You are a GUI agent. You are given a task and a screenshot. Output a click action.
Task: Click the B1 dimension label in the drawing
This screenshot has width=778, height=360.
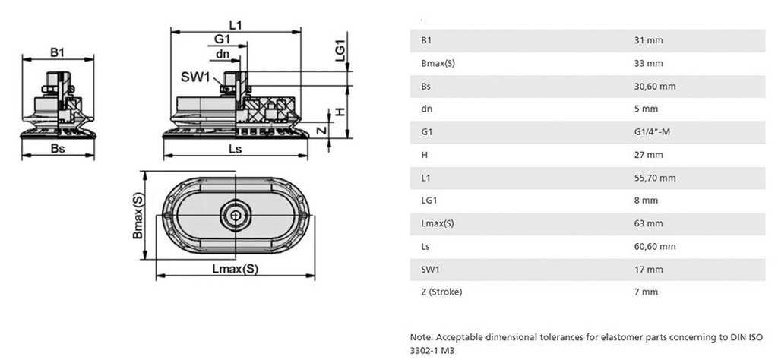point(57,52)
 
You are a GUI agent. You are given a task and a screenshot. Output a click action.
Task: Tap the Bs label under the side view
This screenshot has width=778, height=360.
point(56,149)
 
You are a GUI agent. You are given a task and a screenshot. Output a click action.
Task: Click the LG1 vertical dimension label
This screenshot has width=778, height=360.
point(340,49)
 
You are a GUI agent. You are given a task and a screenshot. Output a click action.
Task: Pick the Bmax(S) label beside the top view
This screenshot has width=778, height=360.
point(138,215)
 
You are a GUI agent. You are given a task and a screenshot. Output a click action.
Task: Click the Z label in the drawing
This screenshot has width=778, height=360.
point(321,130)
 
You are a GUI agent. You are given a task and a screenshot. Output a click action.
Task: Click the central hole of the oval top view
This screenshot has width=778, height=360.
point(234,215)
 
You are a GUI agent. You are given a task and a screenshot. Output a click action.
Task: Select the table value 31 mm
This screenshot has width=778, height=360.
point(648,40)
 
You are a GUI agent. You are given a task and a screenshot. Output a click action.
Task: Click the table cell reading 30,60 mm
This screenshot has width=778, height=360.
point(654,87)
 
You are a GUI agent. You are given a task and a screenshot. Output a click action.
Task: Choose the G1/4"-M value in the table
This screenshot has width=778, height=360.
point(652,132)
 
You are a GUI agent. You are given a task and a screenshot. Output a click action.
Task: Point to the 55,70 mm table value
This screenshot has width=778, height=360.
point(654,178)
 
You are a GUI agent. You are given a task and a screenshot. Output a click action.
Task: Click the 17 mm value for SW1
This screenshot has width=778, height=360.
point(648,269)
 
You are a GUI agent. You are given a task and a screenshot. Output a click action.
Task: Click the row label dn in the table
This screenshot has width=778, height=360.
point(425,109)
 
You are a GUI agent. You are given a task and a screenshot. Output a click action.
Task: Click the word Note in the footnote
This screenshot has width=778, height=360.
point(420,336)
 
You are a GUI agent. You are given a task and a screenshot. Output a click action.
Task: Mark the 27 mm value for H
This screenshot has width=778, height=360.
point(648,155)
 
